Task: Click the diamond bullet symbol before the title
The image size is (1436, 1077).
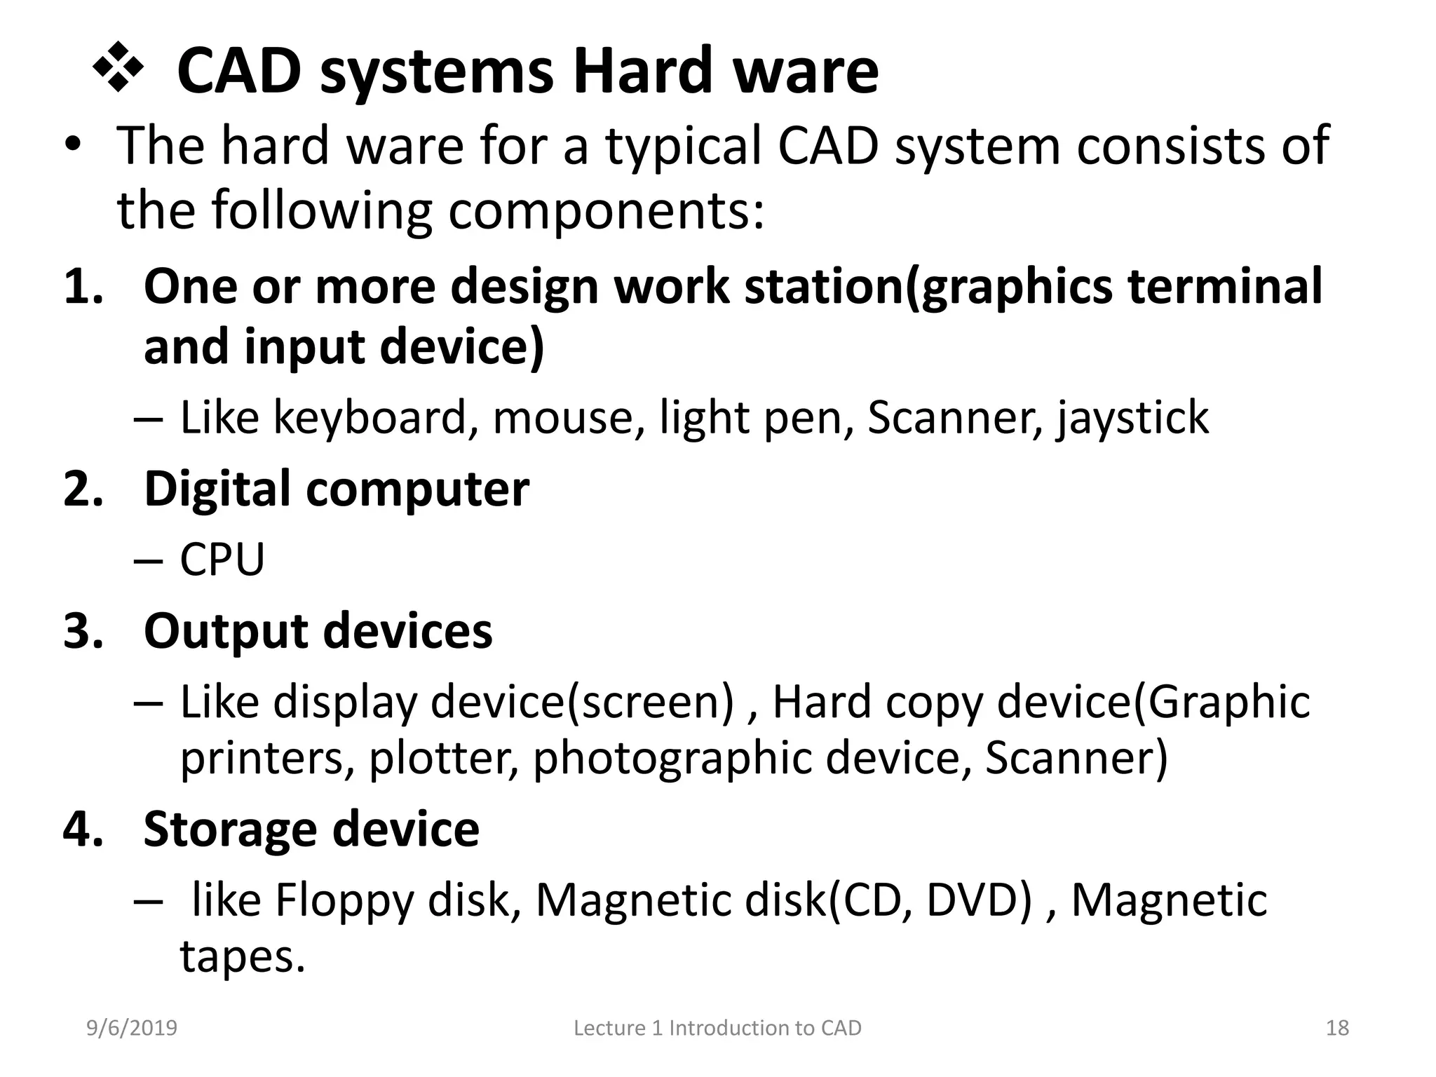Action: point(118,69)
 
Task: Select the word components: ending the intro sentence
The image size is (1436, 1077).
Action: point(606,211)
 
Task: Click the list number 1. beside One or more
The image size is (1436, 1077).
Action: point(83,287)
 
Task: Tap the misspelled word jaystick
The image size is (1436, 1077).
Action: point(1132,419)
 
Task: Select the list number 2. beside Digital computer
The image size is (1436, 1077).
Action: point(83,489)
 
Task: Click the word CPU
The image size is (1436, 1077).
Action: point(222,560)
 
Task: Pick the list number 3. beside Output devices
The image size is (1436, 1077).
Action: point(83,630)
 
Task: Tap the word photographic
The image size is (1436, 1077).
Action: point(671,759)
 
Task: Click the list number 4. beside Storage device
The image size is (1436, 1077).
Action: point(83,829)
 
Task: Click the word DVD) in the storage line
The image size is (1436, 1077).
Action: point(979,900)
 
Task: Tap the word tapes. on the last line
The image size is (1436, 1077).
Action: point(243,957)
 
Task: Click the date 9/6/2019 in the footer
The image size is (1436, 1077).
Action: point(132,1028)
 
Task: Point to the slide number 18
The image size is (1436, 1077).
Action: point(1337,1028)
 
